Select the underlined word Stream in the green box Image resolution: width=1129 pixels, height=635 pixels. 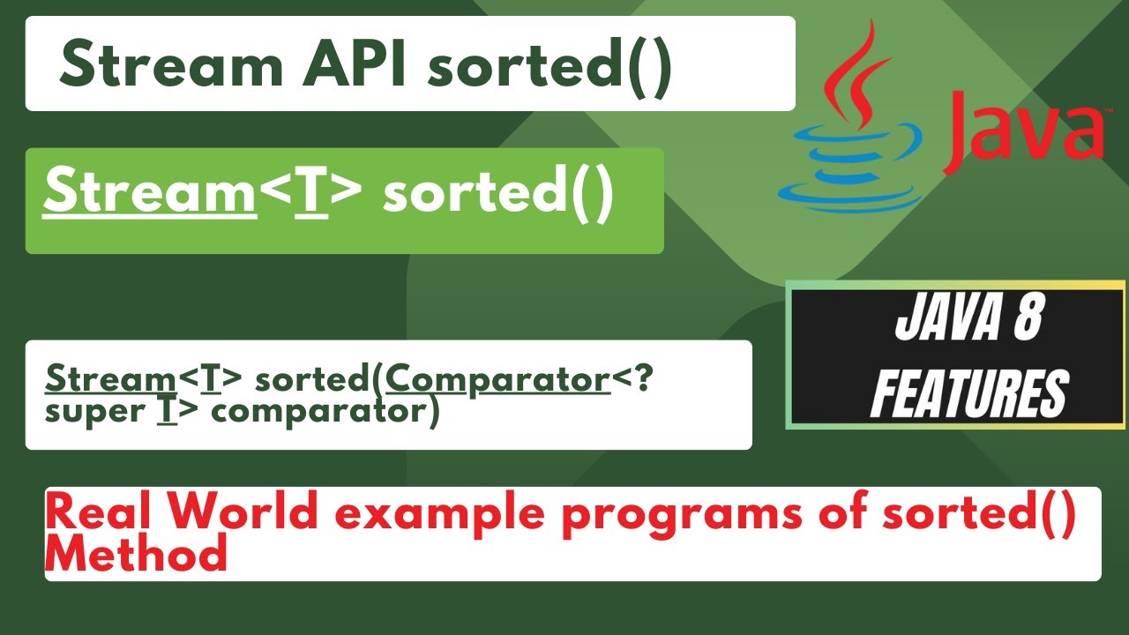(x=149, y=194)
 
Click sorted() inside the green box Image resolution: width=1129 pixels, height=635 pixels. (x=497, y=194)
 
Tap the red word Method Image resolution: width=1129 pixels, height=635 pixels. (x=137, y=555)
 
